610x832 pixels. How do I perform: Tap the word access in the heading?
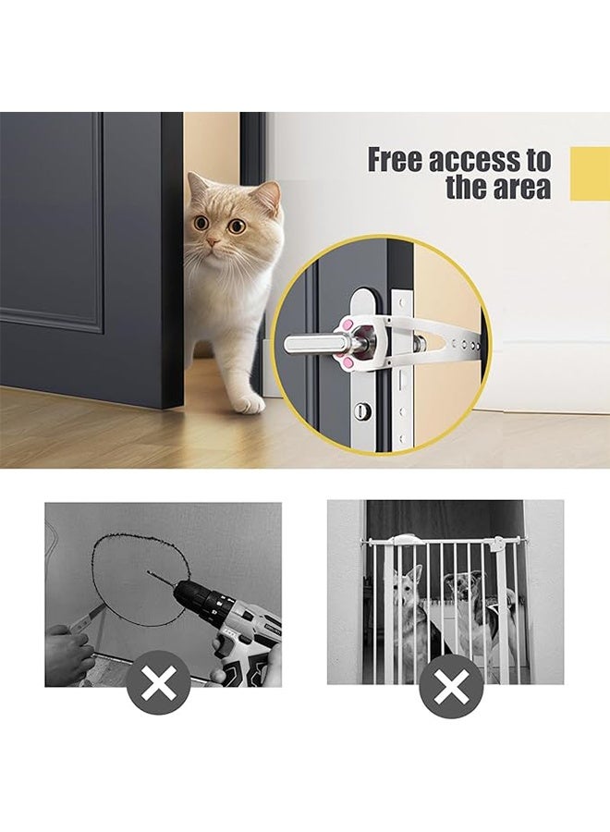(477, 160)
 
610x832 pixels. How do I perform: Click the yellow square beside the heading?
(590, 173)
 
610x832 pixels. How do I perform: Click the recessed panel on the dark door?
(51, 222)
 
